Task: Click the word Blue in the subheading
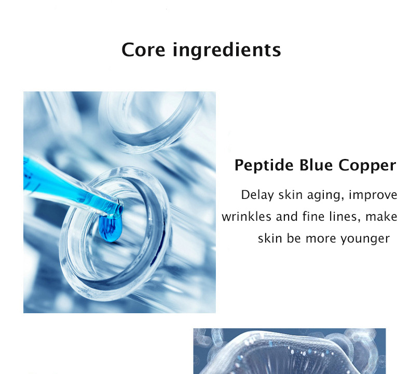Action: pos(317,165)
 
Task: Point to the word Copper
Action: pos(367,166)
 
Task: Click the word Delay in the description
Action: pos(256,195)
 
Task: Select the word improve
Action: pos(373,196)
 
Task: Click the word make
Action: pos(381,217)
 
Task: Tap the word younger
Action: pos(365,239)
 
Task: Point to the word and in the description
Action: pos(286,217)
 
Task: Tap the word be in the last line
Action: pos(295,238)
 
